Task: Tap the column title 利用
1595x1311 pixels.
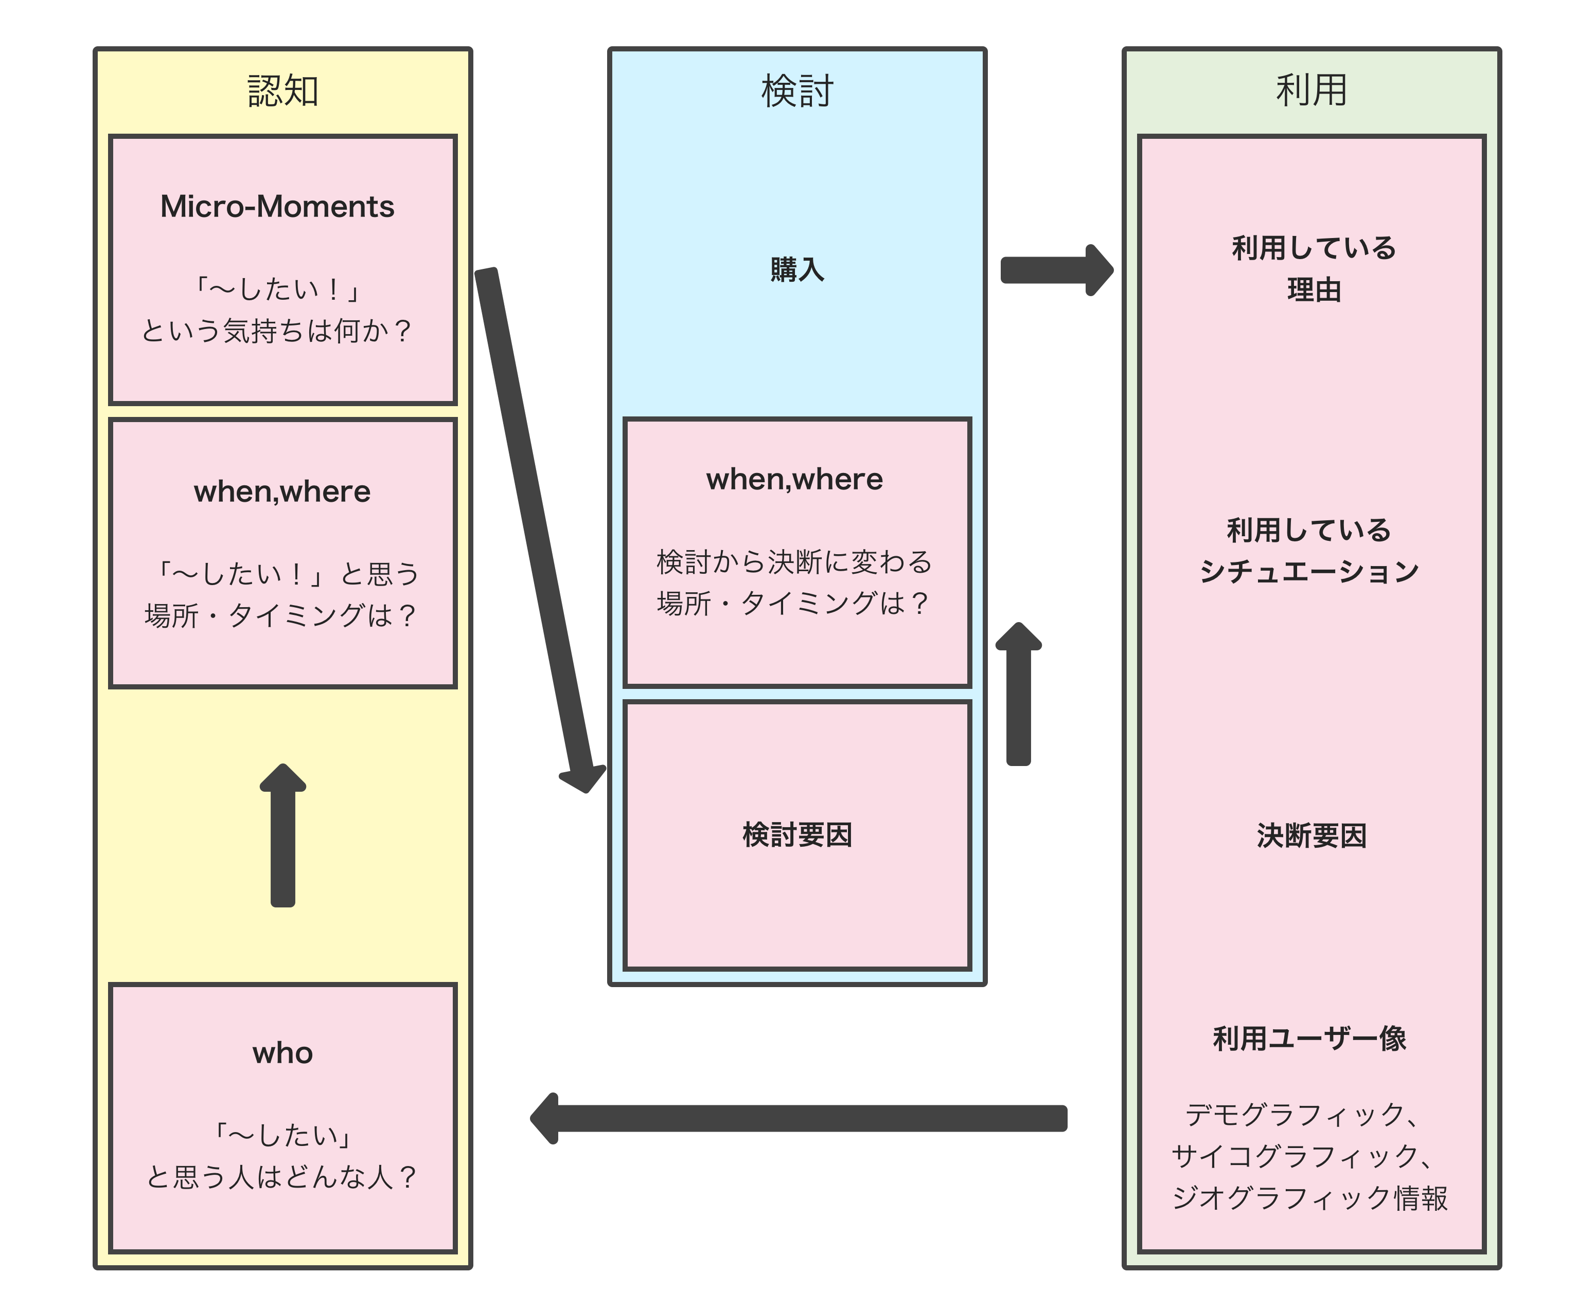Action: tap(1311, 90)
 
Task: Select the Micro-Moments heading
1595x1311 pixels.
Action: tap(277, 206)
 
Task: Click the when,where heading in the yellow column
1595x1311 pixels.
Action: tap(282, 491)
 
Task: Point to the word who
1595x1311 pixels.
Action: tap(282, 1053)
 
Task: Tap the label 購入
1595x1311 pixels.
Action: tap(796, 269)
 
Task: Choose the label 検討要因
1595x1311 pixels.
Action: tap(796, 835)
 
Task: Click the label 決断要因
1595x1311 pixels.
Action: tap(1311, 836)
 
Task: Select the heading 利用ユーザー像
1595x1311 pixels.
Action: tap(1309, 1039)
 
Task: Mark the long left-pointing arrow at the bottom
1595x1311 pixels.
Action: tap(797, 1118)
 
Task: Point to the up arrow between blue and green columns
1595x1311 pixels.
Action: tap(1019, 695)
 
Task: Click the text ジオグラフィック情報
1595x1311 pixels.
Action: tap(1309, 1198)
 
